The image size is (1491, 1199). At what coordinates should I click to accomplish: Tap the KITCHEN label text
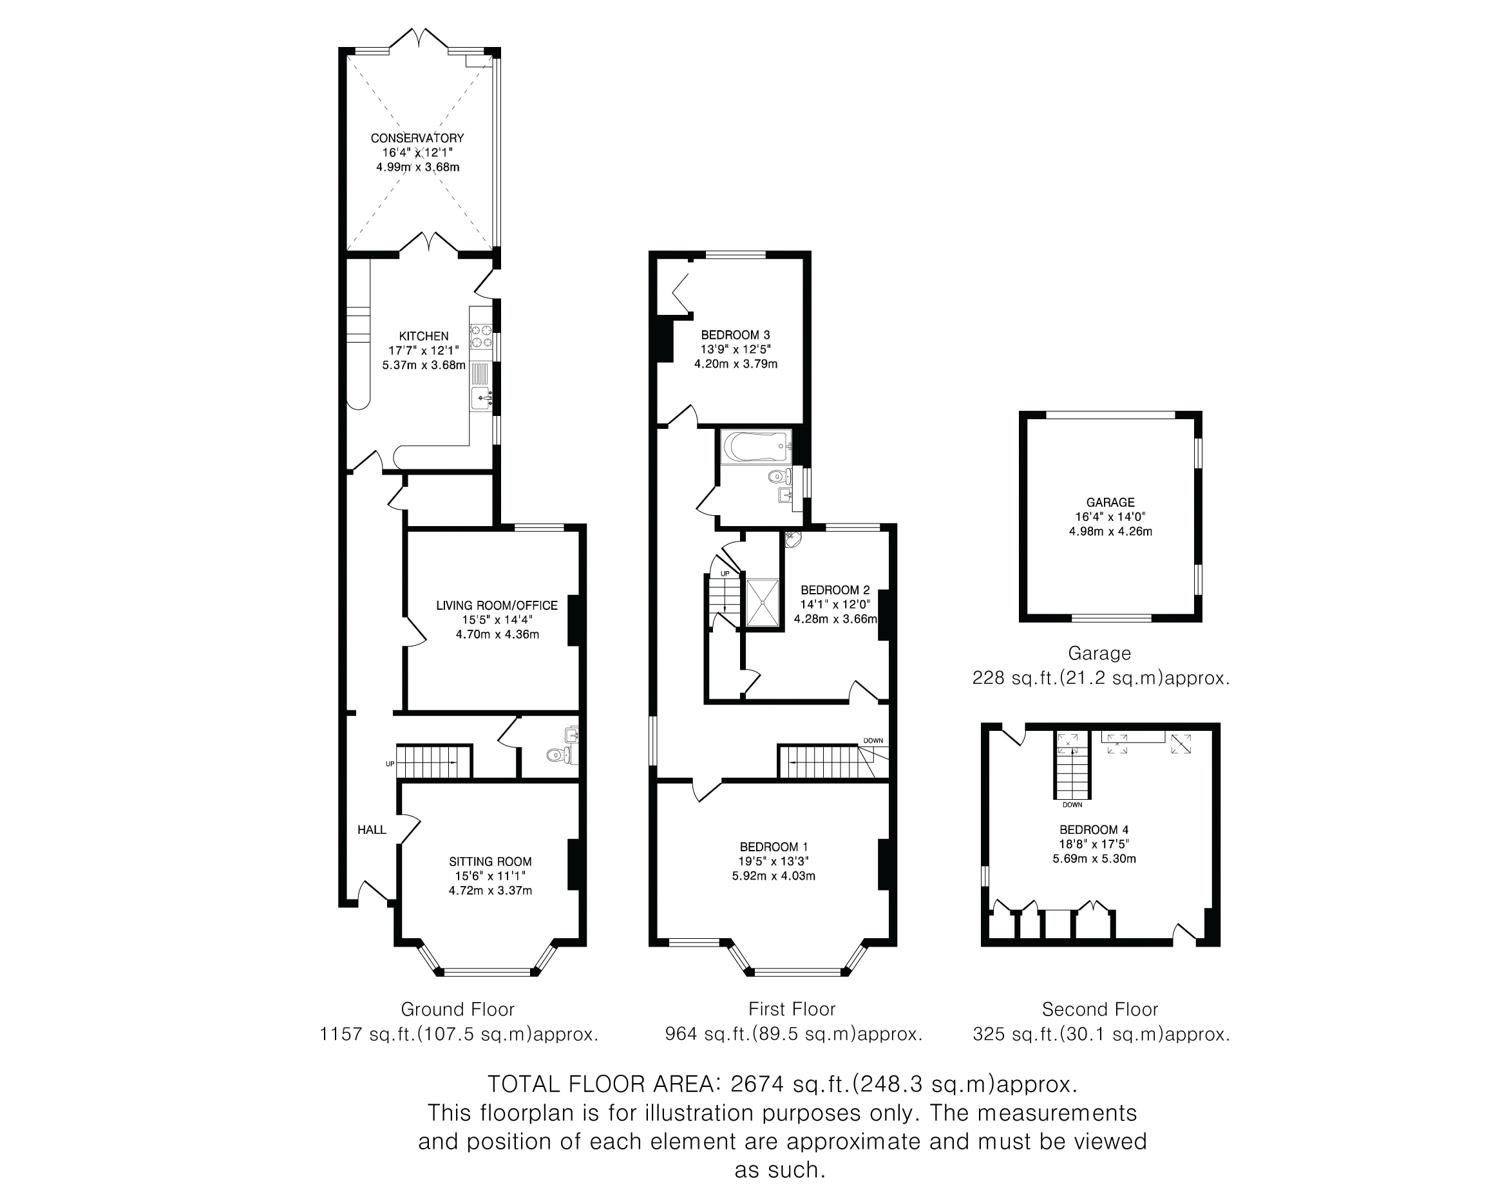[424, 336]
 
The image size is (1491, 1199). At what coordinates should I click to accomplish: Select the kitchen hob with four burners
[481, 336]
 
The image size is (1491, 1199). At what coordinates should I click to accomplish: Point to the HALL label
[372, 830]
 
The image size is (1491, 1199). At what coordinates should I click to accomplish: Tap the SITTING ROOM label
[490, 862]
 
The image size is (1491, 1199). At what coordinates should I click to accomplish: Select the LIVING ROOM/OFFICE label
[497, 606]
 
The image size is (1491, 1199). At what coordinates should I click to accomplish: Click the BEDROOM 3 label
[736, 335]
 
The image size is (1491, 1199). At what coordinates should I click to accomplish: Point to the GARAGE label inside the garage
[1110, 503]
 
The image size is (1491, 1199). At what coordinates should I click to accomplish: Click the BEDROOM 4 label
[1094, 830]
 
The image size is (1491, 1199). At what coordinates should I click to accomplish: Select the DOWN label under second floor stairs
[1072, 805]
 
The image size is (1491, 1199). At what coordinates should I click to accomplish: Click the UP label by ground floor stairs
[390, 764]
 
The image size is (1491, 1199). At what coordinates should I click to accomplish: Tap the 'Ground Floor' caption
[458, 1010]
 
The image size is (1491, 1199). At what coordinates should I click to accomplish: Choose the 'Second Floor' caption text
[1100, 1010]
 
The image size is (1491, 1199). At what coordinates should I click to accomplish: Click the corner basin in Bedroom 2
[793, 538]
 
